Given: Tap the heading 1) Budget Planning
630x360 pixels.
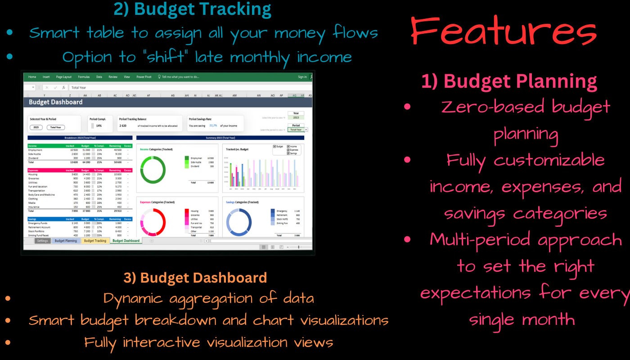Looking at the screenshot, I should tap(509, 81).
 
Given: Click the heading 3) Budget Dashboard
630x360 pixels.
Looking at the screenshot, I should tap(195, 278).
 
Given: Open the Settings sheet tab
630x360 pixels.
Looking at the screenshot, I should tap(43, 241).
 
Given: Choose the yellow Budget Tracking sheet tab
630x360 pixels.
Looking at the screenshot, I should tap(95, 241).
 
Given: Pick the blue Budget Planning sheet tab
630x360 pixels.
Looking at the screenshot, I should tap(66, 241).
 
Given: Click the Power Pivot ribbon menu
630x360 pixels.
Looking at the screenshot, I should tap(144, 77).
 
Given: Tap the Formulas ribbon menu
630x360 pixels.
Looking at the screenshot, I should tap(84, 77).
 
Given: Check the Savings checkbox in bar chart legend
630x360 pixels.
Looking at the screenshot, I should tap(288, 153).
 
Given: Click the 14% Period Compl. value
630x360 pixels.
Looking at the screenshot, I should tap(99, 126).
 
